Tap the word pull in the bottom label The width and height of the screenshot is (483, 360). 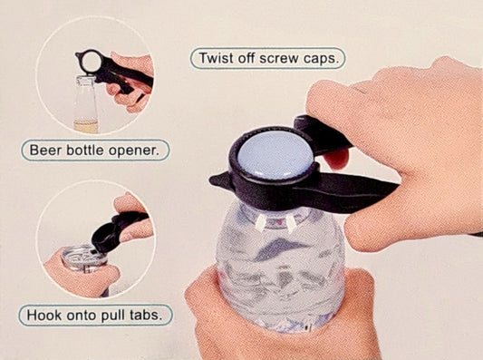[112, 316]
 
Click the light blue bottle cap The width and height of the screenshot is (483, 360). [275, 156]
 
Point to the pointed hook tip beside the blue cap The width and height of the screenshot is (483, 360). [212, 180]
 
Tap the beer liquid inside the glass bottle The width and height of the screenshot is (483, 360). [86, 127]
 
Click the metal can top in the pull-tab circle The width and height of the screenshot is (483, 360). [82, 257]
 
